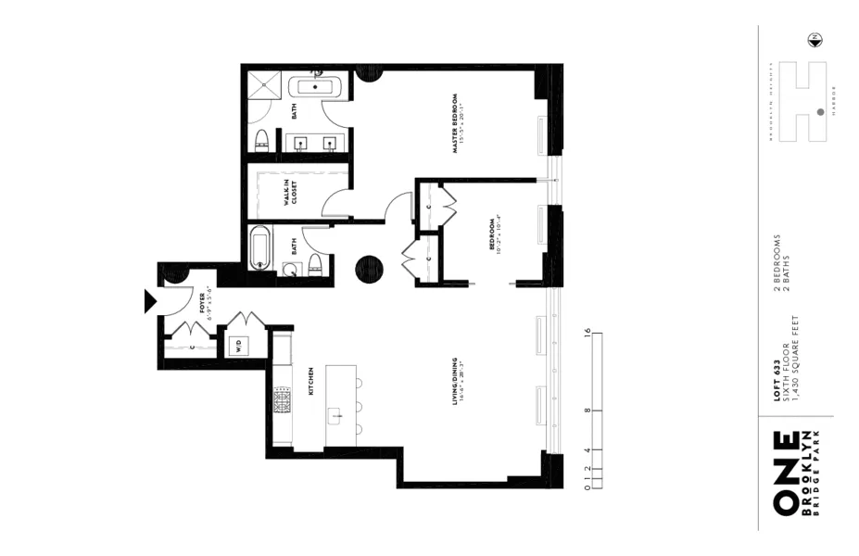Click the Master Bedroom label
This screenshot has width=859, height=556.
point(457,122)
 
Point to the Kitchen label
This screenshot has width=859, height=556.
point(311,380)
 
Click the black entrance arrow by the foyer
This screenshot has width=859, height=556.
point(149,301)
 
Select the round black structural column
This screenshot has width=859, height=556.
point(368,268)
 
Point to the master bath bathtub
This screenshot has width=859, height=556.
point(317,88)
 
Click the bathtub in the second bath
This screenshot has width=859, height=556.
point(260,248)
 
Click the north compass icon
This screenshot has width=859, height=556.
point(815,39)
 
